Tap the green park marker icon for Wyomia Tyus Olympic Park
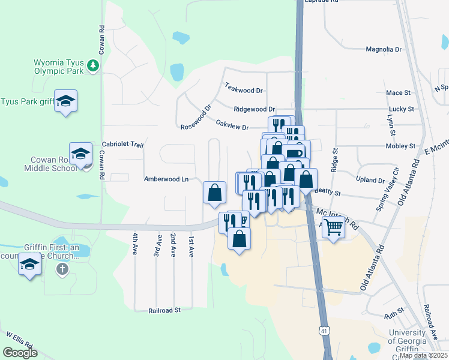click(92, 65)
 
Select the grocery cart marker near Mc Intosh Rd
click(333, 227)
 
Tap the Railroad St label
click(164, 310)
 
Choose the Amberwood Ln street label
click(166, 179)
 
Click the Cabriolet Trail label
click(123, 145)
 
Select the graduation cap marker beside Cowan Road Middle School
click(80, 154)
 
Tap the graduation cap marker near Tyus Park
click(65, 100)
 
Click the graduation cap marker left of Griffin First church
click(29, 264)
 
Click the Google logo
click(20, 352)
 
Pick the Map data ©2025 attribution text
click(424, 355)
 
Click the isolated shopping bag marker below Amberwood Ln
click(215, 193)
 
